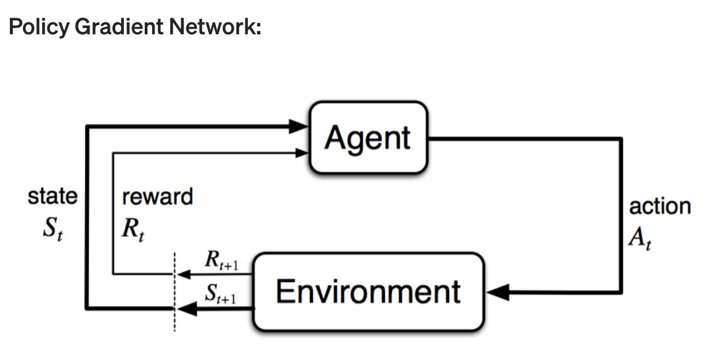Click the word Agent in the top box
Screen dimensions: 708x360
point(368,138)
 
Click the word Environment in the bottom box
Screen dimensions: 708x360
point(368,291)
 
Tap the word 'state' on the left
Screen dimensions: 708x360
point(53,197)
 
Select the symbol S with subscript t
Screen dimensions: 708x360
point(53,228)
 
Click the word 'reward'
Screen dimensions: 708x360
point(157,197)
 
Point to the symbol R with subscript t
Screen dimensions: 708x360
point(133,229)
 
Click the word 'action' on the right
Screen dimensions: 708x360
point(660,207)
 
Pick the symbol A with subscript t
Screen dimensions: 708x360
point(640,238)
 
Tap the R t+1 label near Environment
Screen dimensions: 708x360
point(222,260)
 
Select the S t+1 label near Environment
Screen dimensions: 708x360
point(221,294)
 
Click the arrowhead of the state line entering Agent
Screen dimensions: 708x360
point(298,126)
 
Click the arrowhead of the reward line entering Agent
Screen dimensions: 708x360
point(301,153)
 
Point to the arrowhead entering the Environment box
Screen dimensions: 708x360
point(498,292)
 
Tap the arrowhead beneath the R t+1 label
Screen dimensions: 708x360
point(184,274)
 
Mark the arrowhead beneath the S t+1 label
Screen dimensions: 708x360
point(187,308)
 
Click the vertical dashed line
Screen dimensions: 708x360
point(174,292)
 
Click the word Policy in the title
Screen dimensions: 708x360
point(39,27)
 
